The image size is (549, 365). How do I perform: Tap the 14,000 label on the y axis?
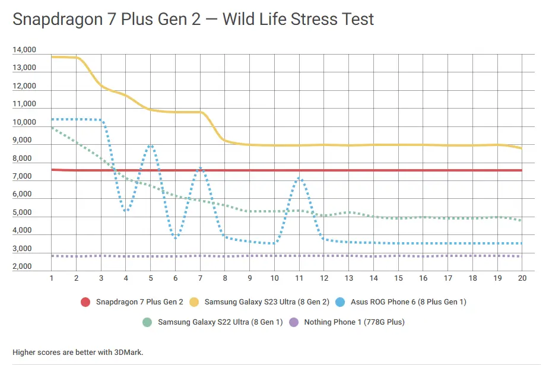click(24, 50)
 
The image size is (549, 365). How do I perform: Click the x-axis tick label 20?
click(522, 278)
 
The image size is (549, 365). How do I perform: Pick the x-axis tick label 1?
click(52, 278)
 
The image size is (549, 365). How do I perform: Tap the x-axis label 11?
click(299, 278)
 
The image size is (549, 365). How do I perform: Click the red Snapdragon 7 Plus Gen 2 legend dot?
click(85, 302)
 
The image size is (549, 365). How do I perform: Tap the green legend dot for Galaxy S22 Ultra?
click(147, 323)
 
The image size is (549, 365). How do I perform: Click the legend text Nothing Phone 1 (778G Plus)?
click(354, 323)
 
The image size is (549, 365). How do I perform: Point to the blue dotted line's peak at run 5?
click(151, 145)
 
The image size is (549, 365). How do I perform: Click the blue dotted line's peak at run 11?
click(300, 178)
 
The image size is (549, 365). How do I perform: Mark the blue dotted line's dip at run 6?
click(176, 237)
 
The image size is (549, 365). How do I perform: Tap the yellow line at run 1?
click(52, 57)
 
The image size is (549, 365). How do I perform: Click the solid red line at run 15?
click(398, 170)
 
